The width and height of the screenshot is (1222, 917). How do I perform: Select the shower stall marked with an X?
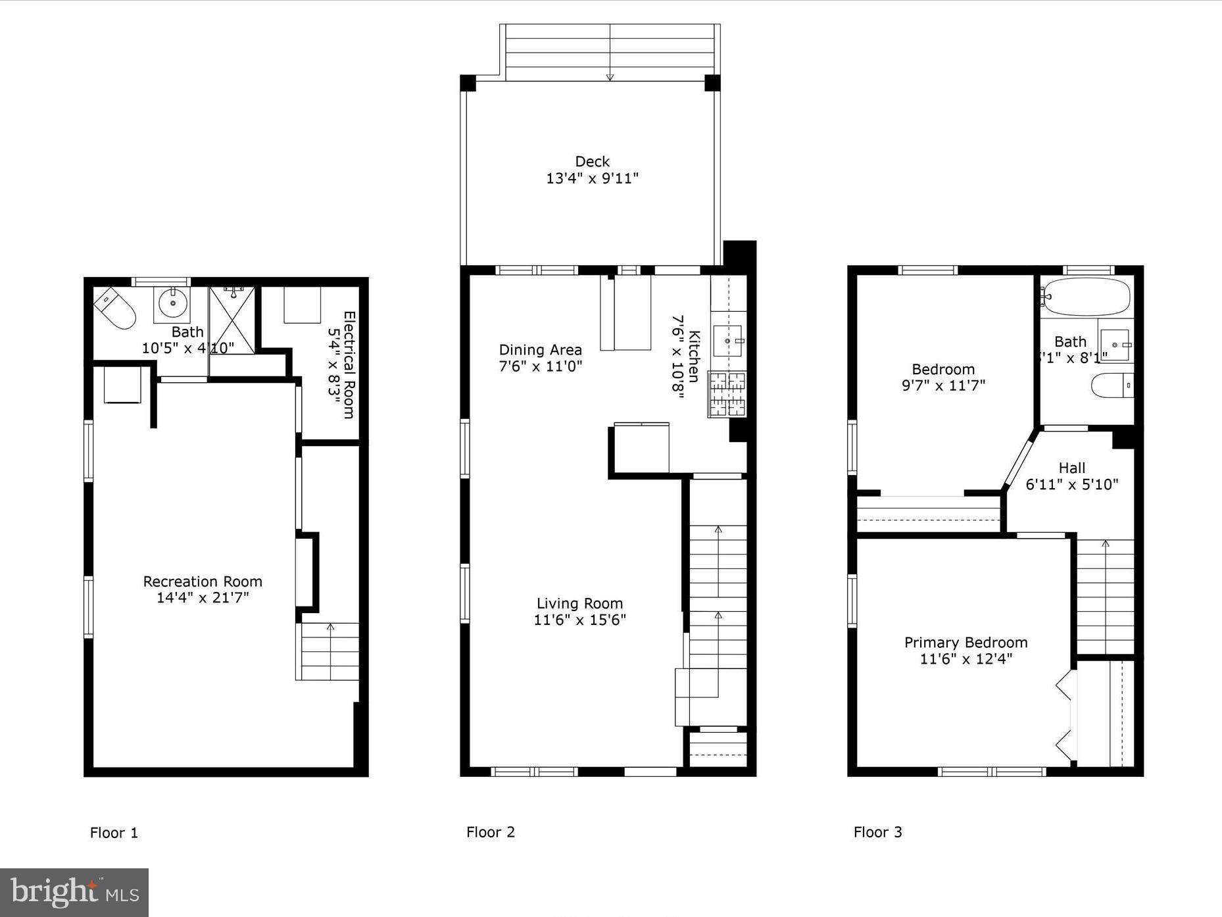pyautogui.click(x=232, y=320)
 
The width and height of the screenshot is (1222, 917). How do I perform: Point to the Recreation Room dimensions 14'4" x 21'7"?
pyautogui.click(x=203, y=598)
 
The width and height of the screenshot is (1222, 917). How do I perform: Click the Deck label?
pyautogui.click(x=592, y=161)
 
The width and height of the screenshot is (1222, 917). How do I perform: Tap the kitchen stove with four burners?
pyautogui.click(x=727, y=394)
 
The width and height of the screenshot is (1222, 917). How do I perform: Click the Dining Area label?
pyautogui.click(x=540, y=350)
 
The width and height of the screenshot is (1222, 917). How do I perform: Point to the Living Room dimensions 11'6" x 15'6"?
pyautogui.click(x=579, y=620)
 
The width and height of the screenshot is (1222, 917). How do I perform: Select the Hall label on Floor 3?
pyautogui.click(x=1071, y=468)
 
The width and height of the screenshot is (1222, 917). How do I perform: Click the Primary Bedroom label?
pyautogui.click(x=965, y=643)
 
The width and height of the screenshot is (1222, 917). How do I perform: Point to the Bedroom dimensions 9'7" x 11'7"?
pyautogui.click(x=943, y=385)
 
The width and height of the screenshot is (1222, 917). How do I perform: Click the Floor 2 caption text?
pyautogui.click(x=491, y=832)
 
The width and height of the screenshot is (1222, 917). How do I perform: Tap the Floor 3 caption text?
pyautogui.click(x=877, y=832)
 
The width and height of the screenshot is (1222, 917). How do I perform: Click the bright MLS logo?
pyautogui.click(x=74, y=893)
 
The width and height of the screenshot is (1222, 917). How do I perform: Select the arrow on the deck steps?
pyautogui.click(x=610, y=76)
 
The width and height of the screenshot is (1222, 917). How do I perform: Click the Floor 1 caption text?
pyautogui.click(x=114, y=833)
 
